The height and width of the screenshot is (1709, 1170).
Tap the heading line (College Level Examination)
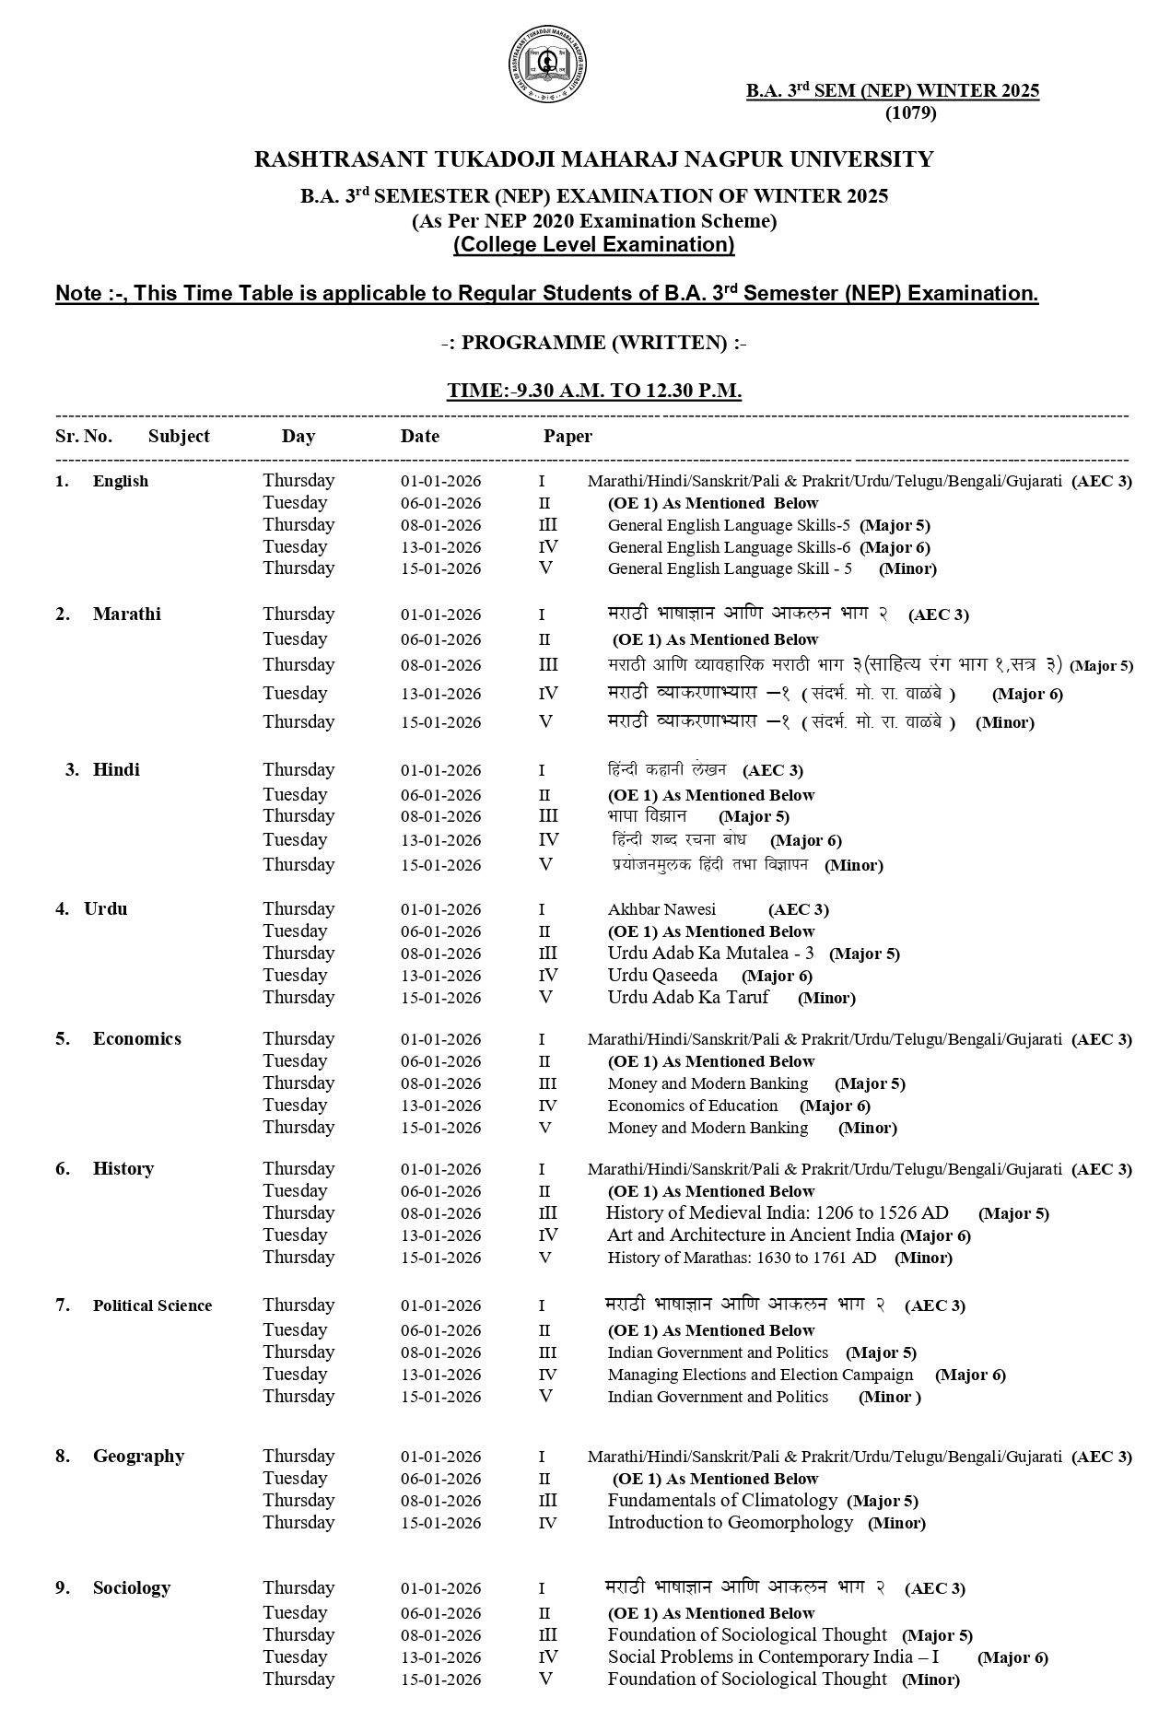[593, 245]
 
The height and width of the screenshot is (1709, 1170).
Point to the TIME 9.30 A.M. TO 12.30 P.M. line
[594, 391]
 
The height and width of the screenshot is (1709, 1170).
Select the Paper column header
[567, 437]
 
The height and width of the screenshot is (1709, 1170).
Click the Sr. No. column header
[84, 437]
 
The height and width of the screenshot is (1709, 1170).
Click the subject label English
[120, 481]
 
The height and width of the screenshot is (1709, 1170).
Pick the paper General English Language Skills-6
[729, 547]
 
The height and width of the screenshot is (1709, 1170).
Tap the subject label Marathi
[126, 615]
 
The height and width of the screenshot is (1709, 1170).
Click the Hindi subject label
[116, 770]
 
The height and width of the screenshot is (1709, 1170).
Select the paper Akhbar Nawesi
[661, 910]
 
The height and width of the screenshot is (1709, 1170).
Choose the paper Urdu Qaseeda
[662, 976]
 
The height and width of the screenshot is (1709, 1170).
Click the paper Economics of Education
[693, 1106]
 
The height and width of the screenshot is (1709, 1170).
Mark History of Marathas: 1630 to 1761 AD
[742, 1258]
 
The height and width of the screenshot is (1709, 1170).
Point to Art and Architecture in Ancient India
[750, 1235]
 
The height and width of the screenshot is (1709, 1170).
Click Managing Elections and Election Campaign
[760, 1375]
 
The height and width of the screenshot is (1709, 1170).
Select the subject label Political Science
[152, 1305]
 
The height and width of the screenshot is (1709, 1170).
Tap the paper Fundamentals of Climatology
[722, 1501]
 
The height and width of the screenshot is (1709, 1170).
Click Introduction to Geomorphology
[730, 1523]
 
